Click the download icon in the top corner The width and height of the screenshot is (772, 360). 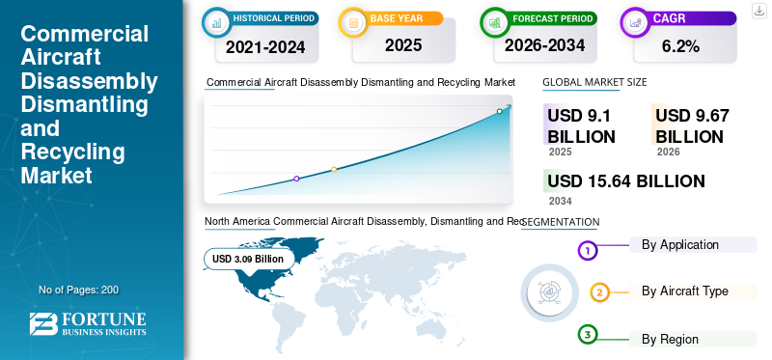pyautogui.click(x=758, y=10)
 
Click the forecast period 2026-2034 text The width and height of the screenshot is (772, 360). pyautogui.click(x=543, y=44)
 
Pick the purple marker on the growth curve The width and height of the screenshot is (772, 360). pyautogui.click(x=296, y=179)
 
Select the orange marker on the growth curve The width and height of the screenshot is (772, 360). pyautogui.click(x=334, y=170)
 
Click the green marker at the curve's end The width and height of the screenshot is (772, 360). pyautogui.click(x=500, y=111)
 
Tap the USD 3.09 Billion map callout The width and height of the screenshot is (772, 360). pyautogui.click(x=248, y=259)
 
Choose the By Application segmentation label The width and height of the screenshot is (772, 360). pyautogui.click(x=679, y=245)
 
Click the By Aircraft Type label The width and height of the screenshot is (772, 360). pyautogui.click(x=684, y=291)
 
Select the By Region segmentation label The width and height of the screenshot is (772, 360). pyautogui.click(x=670, y=339)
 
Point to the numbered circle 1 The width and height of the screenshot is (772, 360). pyautogui.click(x=588, y=251)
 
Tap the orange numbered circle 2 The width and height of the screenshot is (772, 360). pyautogui.click(x=599, y=292)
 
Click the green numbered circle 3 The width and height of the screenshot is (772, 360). pyautogui.click(x=588, y=335)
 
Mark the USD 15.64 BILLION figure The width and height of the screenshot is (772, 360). pyautogui.click(x=625, y=180)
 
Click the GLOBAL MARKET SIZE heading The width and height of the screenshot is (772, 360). pyautogui.click(x=594, y=83)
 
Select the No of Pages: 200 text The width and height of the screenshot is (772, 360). pyautogui.click(x=78, y=290)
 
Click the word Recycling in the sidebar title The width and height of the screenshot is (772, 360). pyautogui.click(x=73, y=152)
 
